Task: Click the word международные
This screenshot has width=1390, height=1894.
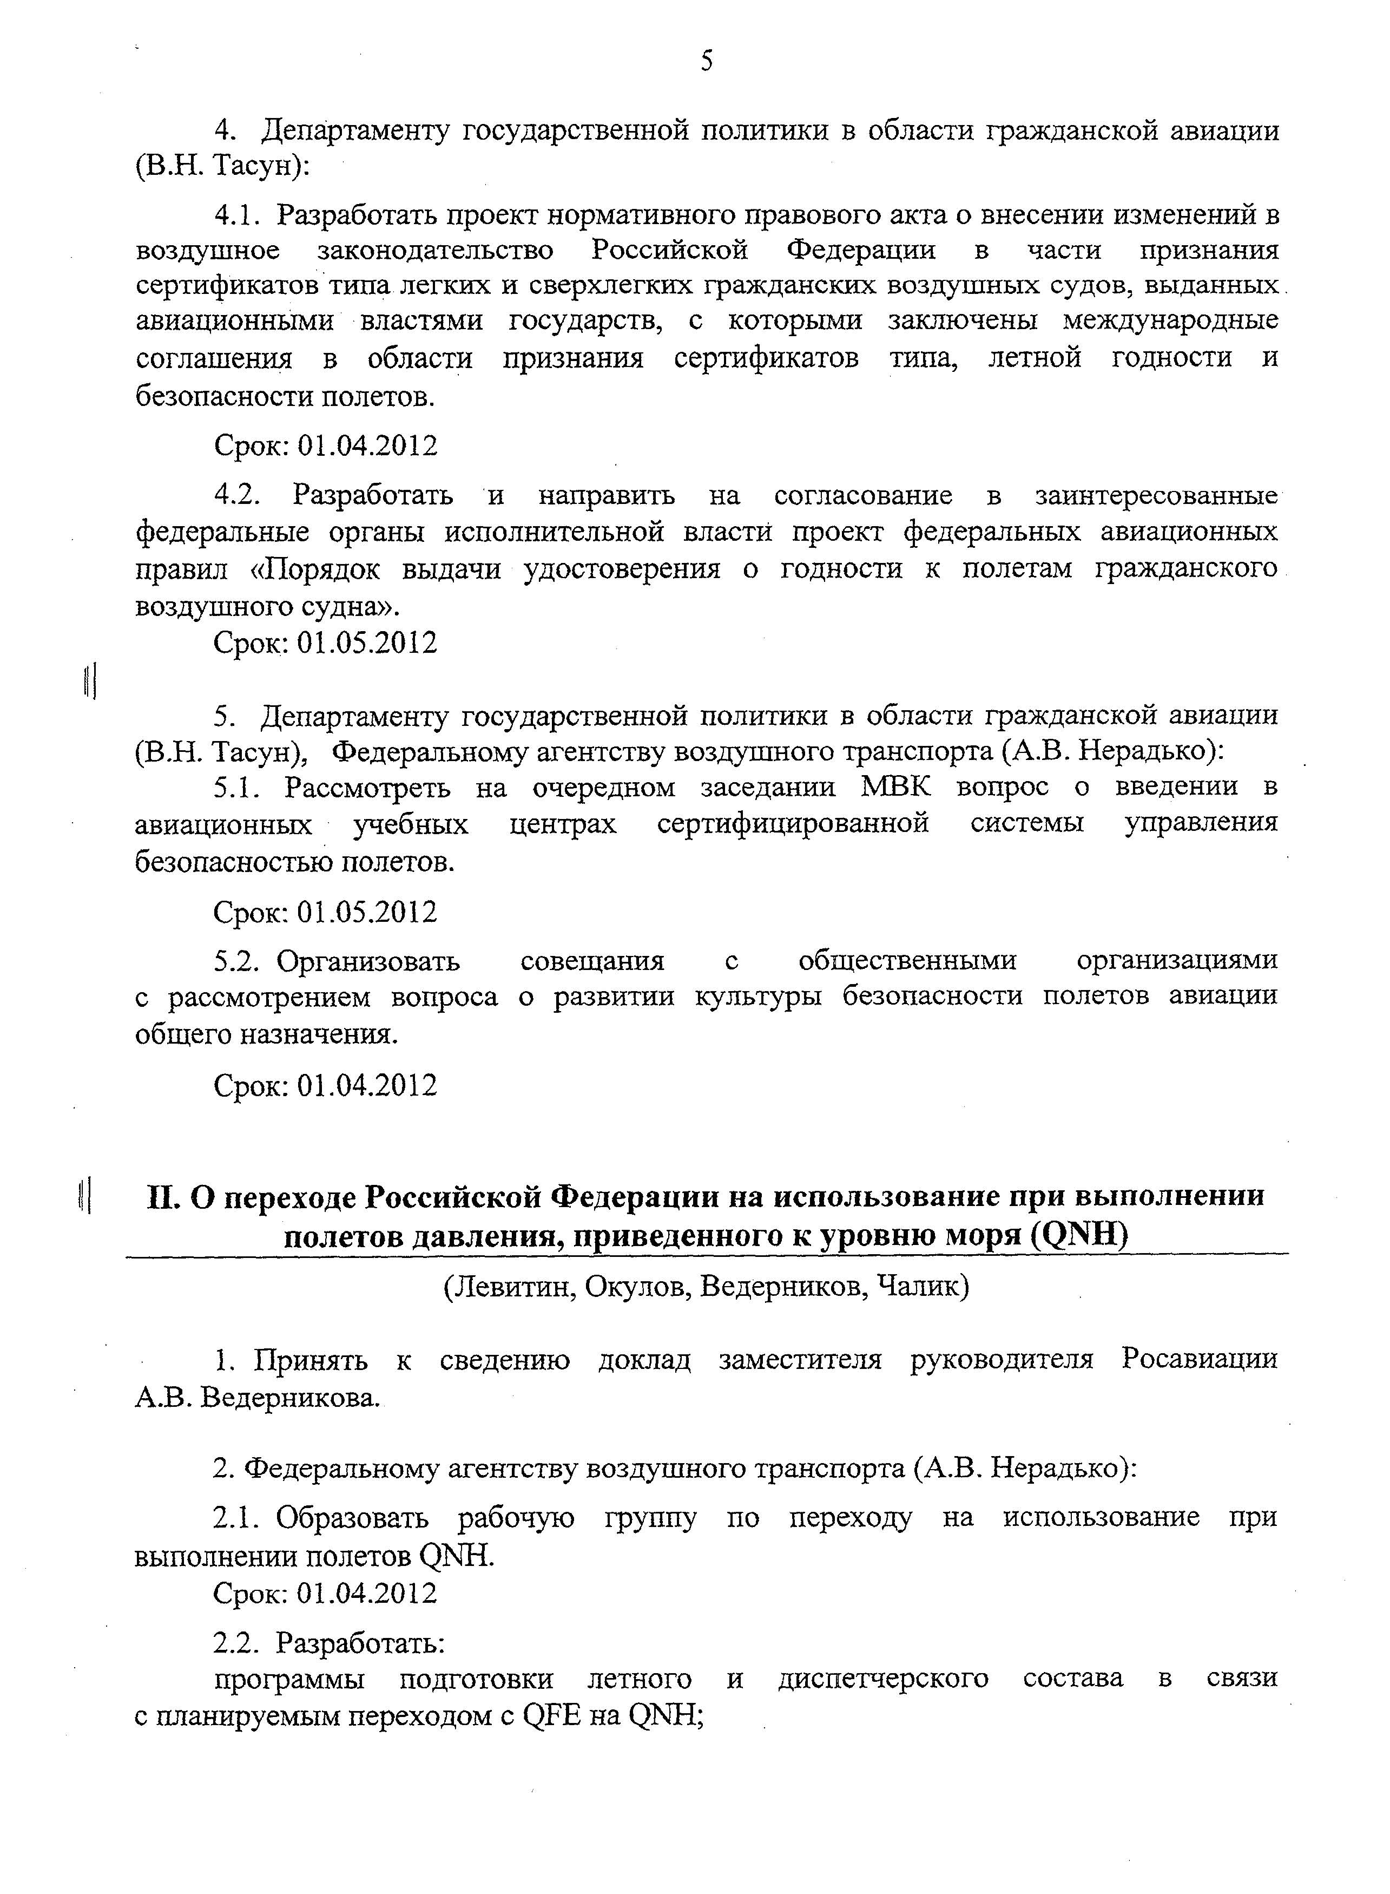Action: coord(1170,322)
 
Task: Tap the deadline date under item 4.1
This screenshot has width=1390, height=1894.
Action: coord(368,446)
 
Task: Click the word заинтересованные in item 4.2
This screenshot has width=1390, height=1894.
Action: coord(1156,497)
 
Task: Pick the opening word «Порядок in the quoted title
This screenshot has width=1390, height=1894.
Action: coord(319,570)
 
